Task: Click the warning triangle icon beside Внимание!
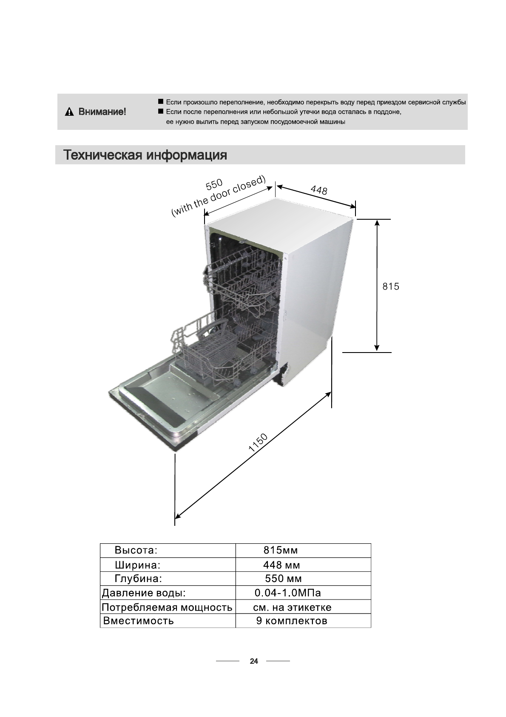pyautogui.click(x=68, y=112)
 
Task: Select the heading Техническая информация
pyautogui.click(x=145, y=155)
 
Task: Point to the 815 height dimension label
pyautogui.click(x=391, y=287)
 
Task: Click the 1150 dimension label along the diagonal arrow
pyautogui.click(x=258, y=442)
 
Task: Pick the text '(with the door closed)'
pyautogui.click(x=219, y=196)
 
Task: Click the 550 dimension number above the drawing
pyautogui.click(x=214, y=184)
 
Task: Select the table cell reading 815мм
pyautogui.click(x=281, y=550)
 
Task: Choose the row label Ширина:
pyautogui.click(x=137, y=565)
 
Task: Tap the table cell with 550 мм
pyautogui.click(x=283, y=579)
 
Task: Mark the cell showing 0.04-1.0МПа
pyautogui.click(x=287, y=593)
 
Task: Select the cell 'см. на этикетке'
pyautogui.click(x=292, y=607)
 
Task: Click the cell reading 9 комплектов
pyautogui.click(x=292, y=620)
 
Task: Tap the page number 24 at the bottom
pyautogui.click(x=254, y=661)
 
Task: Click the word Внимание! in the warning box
pyautogui.click(x=102, y=112)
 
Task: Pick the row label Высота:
pyautogui.click(x=136, y=550)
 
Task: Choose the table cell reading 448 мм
pyautogui.click(x=281, y=565)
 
